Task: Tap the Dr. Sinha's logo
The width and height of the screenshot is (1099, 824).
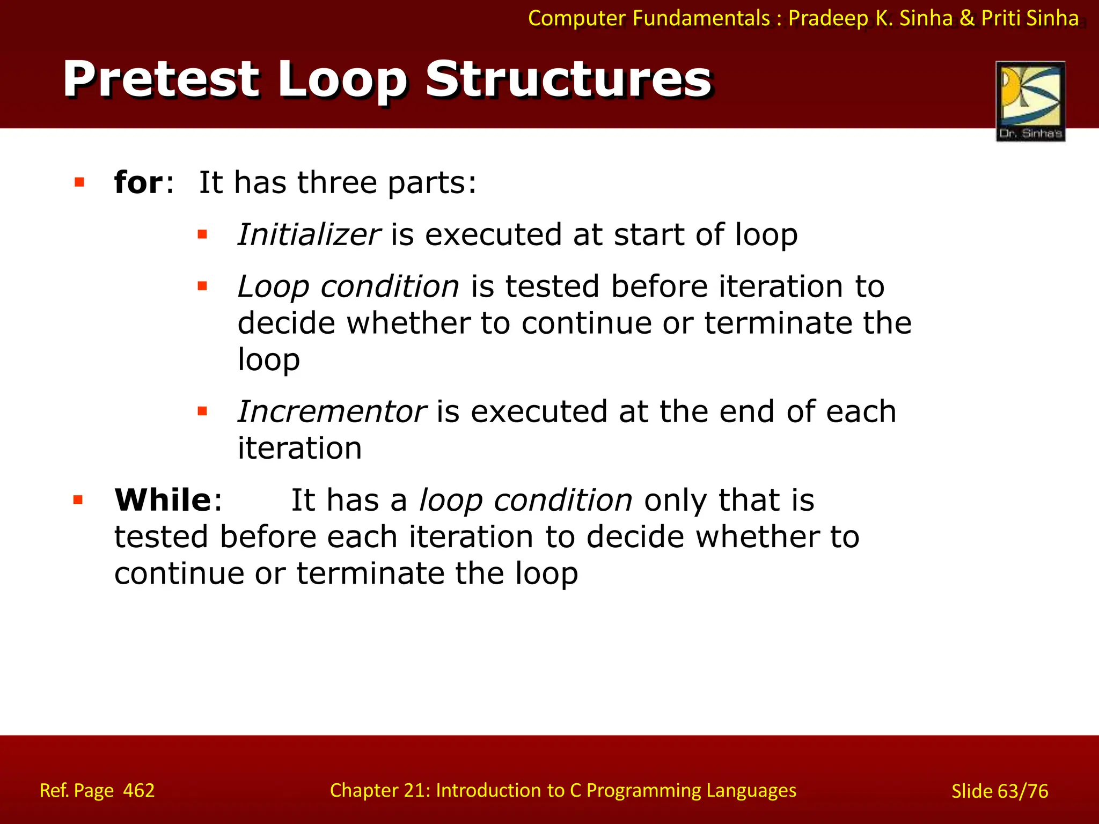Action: (x=1030, y=101)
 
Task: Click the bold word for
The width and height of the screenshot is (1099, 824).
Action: (x=138, y=182)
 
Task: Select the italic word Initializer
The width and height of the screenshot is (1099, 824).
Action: (x=309, y=235)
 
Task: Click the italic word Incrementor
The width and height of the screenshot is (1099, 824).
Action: (x=332, y=412)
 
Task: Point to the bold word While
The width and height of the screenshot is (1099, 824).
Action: (x=163, y=500)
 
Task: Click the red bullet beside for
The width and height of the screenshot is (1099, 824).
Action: (x=79, y=182)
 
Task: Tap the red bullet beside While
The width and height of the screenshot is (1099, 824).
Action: (x=78, y=501)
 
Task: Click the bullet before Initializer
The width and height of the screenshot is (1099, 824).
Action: (x=202, y=234)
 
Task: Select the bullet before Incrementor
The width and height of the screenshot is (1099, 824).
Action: (x=202, y=411)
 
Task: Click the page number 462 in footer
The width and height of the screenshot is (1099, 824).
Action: (x=138, y=791)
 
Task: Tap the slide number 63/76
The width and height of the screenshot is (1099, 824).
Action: (x=1023, y=791)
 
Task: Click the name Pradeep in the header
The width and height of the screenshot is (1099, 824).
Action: (x=828, y=18)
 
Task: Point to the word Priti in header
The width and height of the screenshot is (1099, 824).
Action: (x=1001, y=18)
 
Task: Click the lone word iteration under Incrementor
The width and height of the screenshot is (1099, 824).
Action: (x=299, y=448)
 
